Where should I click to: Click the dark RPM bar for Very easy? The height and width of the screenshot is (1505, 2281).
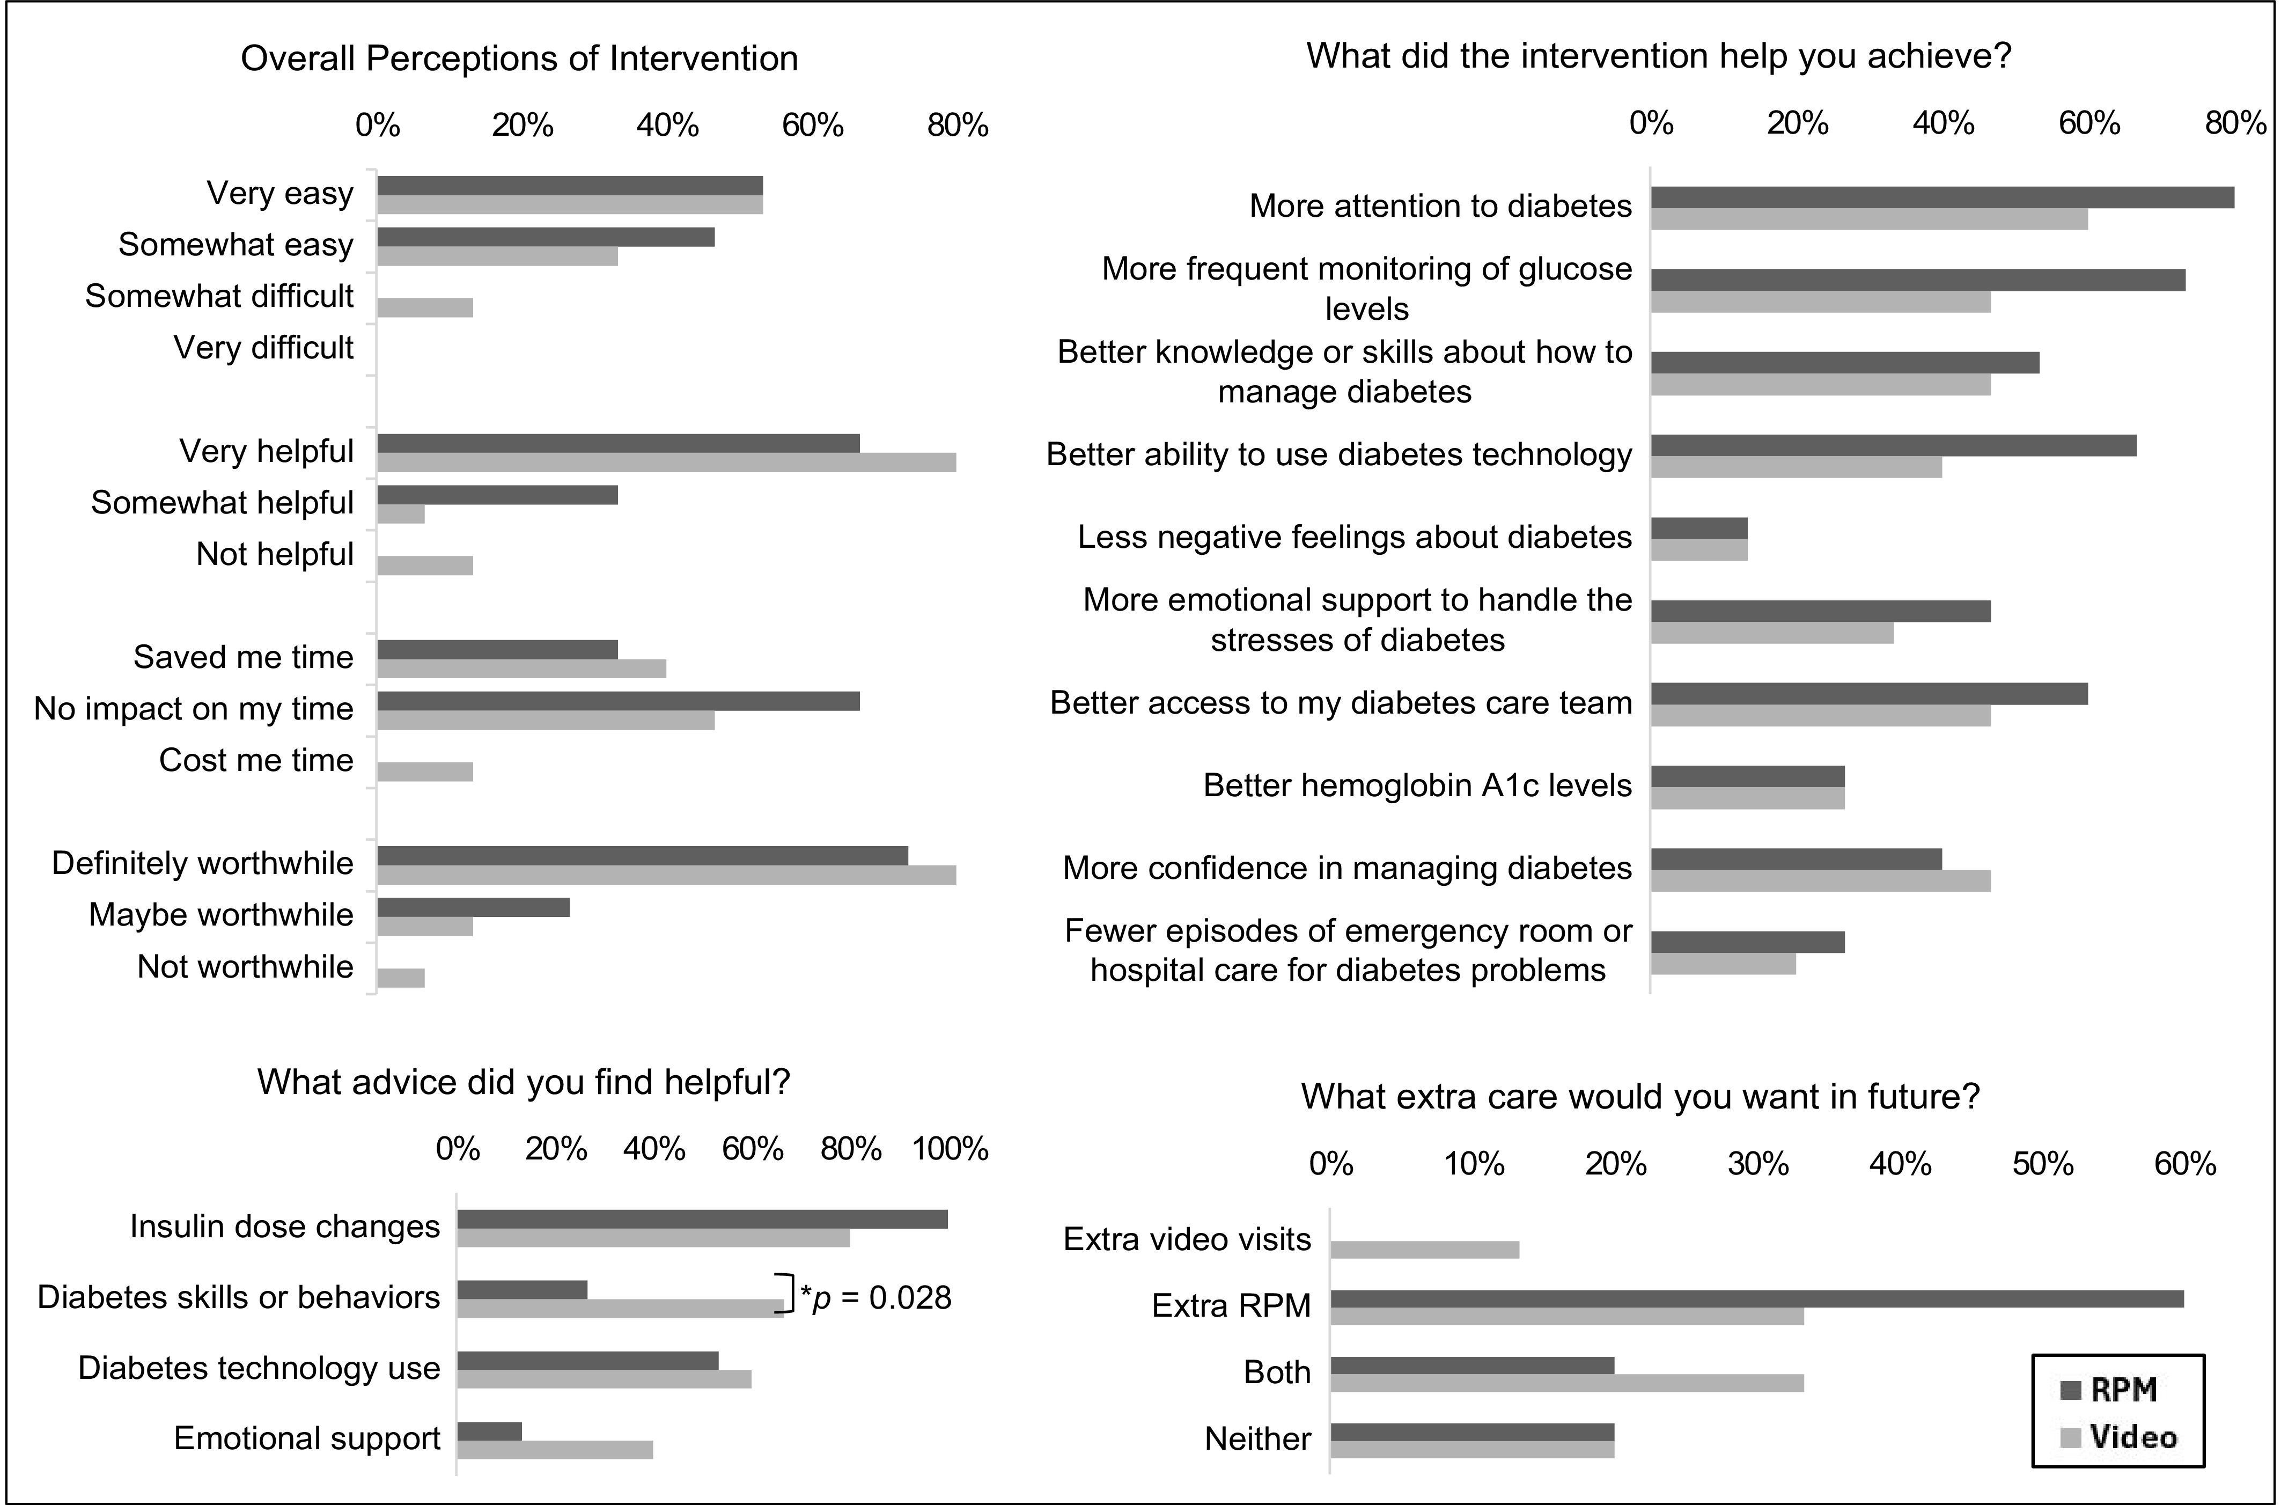coord(570,185)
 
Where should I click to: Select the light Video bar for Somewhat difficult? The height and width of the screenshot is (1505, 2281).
coord(425,307)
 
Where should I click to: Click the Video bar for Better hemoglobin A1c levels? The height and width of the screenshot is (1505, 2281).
coord(1747,798)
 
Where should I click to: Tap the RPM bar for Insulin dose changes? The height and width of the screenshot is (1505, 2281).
coord(702,1219)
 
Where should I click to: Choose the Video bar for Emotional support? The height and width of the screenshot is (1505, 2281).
coord(556,1449)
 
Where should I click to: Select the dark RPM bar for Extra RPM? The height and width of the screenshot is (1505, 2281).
coord(1757,1298)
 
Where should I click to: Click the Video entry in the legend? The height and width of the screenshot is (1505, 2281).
coord(2118,1437)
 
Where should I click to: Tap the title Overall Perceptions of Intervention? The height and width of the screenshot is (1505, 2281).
coord(519,58)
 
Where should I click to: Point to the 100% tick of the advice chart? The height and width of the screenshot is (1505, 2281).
coord(950,1149)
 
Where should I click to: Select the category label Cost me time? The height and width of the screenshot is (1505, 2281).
coord(256,760)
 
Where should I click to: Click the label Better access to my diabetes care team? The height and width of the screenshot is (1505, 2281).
coord(1341,702)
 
